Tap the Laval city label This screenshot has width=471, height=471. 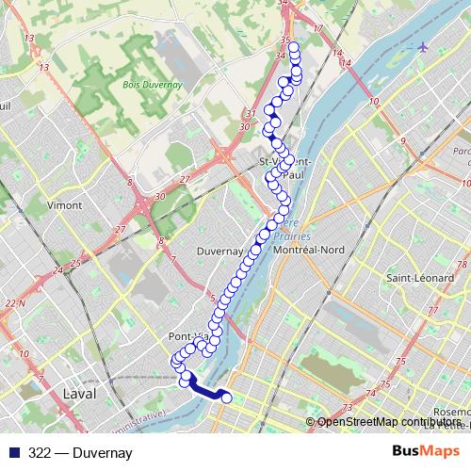[x=77, y=393]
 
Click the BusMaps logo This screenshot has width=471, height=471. [x=432, y=452]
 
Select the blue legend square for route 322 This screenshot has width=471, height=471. [x=11, y=453]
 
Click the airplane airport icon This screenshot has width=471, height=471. [x=422, y=47]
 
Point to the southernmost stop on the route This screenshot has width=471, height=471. [x=226, y=398]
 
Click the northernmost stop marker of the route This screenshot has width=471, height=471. [x=293, y=48]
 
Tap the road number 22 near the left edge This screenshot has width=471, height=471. [x=12, y=302]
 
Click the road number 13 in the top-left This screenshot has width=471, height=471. [x=30, y=39]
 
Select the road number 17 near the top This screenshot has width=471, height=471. [x=317, y=30]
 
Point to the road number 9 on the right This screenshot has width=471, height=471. [x=402, y=140]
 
